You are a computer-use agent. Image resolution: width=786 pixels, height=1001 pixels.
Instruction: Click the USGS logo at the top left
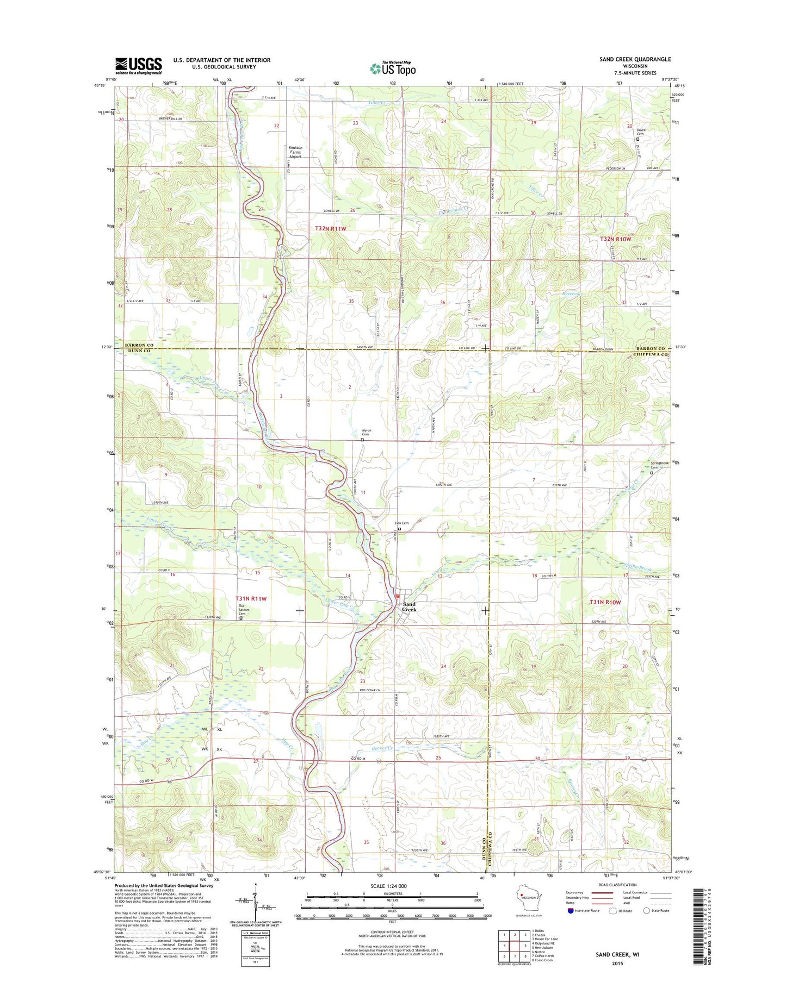coord(138,66)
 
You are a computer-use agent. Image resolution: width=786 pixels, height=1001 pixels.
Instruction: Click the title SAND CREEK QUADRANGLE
coord(635,59)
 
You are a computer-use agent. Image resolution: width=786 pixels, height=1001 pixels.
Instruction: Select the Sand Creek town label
coord(409,607)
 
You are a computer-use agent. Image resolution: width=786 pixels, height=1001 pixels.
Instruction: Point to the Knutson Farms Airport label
coord(295,152)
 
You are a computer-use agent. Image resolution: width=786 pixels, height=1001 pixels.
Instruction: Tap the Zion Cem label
coord(401,523)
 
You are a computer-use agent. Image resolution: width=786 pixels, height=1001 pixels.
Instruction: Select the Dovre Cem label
coord(640,132)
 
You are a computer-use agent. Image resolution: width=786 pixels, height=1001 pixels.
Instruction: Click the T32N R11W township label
coord(330,229)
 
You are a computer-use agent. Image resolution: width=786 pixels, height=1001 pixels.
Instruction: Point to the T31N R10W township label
coord(605,602)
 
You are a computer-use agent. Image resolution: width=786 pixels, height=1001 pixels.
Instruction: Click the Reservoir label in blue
coord(572,294)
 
